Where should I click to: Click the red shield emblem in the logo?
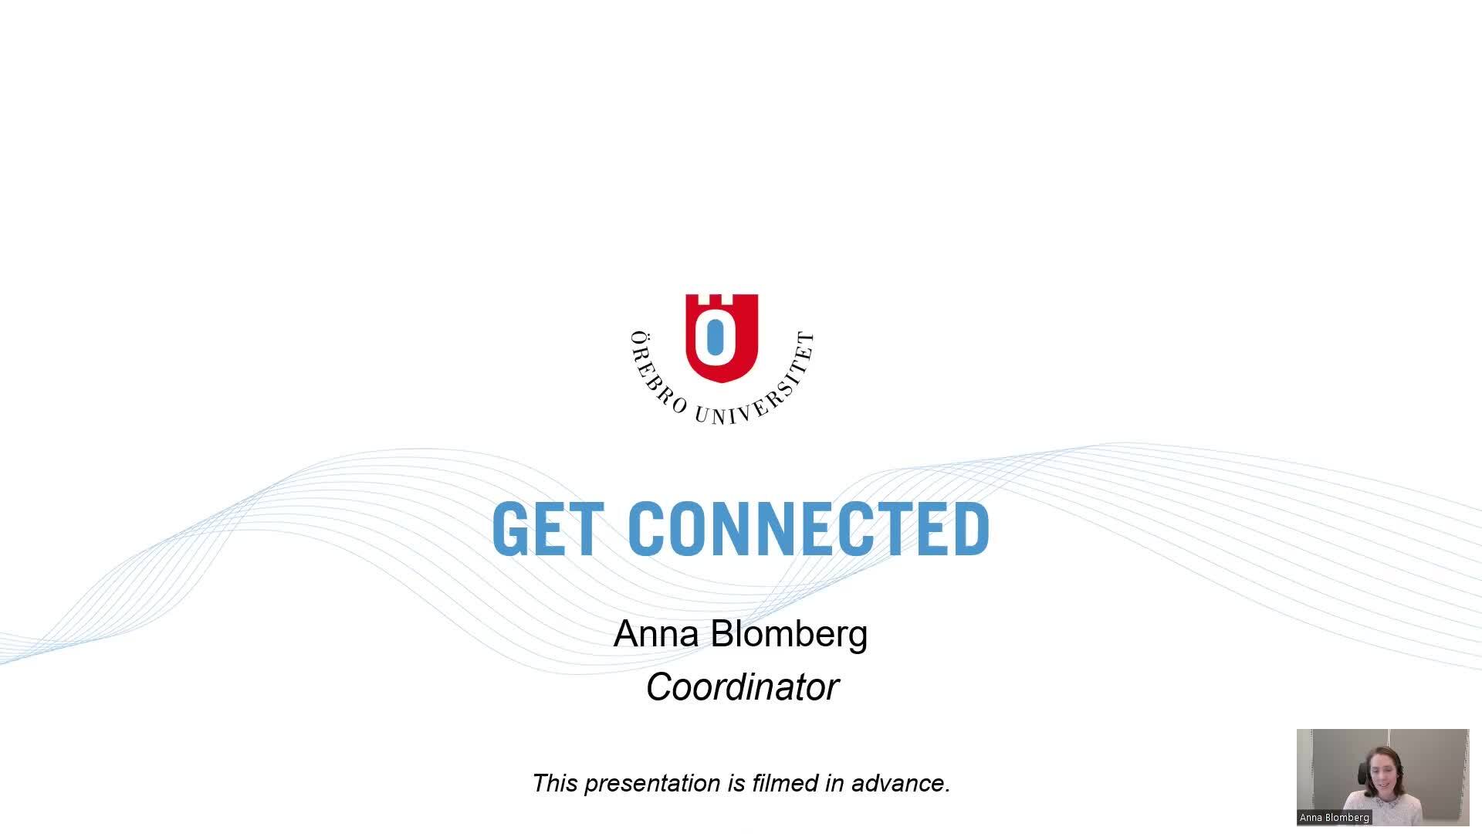722,337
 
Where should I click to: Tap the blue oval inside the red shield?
715,341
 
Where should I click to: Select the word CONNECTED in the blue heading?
808,529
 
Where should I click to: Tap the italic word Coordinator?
742,687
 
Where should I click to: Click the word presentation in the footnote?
653,784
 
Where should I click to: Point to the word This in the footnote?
555,783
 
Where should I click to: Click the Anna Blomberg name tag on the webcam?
1335,818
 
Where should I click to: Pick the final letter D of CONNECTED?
972,529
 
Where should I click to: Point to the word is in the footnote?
736,783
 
